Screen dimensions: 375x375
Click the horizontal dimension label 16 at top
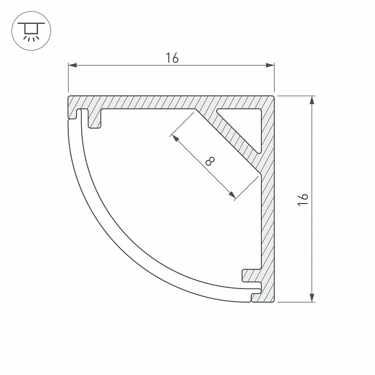click(x=172, y=58)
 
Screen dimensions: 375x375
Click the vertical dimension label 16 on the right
click(x=303, y=199)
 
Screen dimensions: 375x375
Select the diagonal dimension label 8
click(x=210, y=161)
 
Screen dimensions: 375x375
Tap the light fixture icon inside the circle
click(x=31, y=32)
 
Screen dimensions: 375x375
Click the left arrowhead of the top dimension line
click(x=72, y=65)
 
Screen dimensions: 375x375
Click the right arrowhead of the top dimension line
click(x=270, y=65)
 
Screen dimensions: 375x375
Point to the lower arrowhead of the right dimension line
click(x=312, y=298)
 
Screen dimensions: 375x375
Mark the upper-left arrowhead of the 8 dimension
click(x=176, y=138)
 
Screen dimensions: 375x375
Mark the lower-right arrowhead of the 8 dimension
click(x=232, y=195)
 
